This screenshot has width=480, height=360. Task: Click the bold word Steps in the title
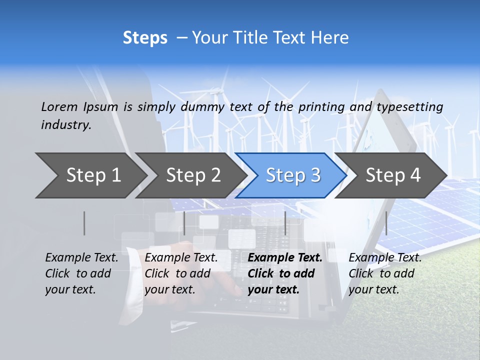tap(145, 38)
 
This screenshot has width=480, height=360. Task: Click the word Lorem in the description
tap(59, 107)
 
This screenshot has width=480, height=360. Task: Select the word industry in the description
tap(66, 125)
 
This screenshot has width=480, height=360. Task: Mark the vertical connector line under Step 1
tap(84, 223)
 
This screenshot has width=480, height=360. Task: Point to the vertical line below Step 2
tap(184, 223)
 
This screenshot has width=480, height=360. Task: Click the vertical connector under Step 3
tap(285, 223)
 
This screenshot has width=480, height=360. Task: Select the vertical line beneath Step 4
tap(386, 223)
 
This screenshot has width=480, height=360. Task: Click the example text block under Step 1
tap(81, 273)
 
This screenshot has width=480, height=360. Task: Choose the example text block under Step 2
tap(181, 273)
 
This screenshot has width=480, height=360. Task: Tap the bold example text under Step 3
tap(284, 273)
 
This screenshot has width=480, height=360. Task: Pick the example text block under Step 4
tap(385, 273)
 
